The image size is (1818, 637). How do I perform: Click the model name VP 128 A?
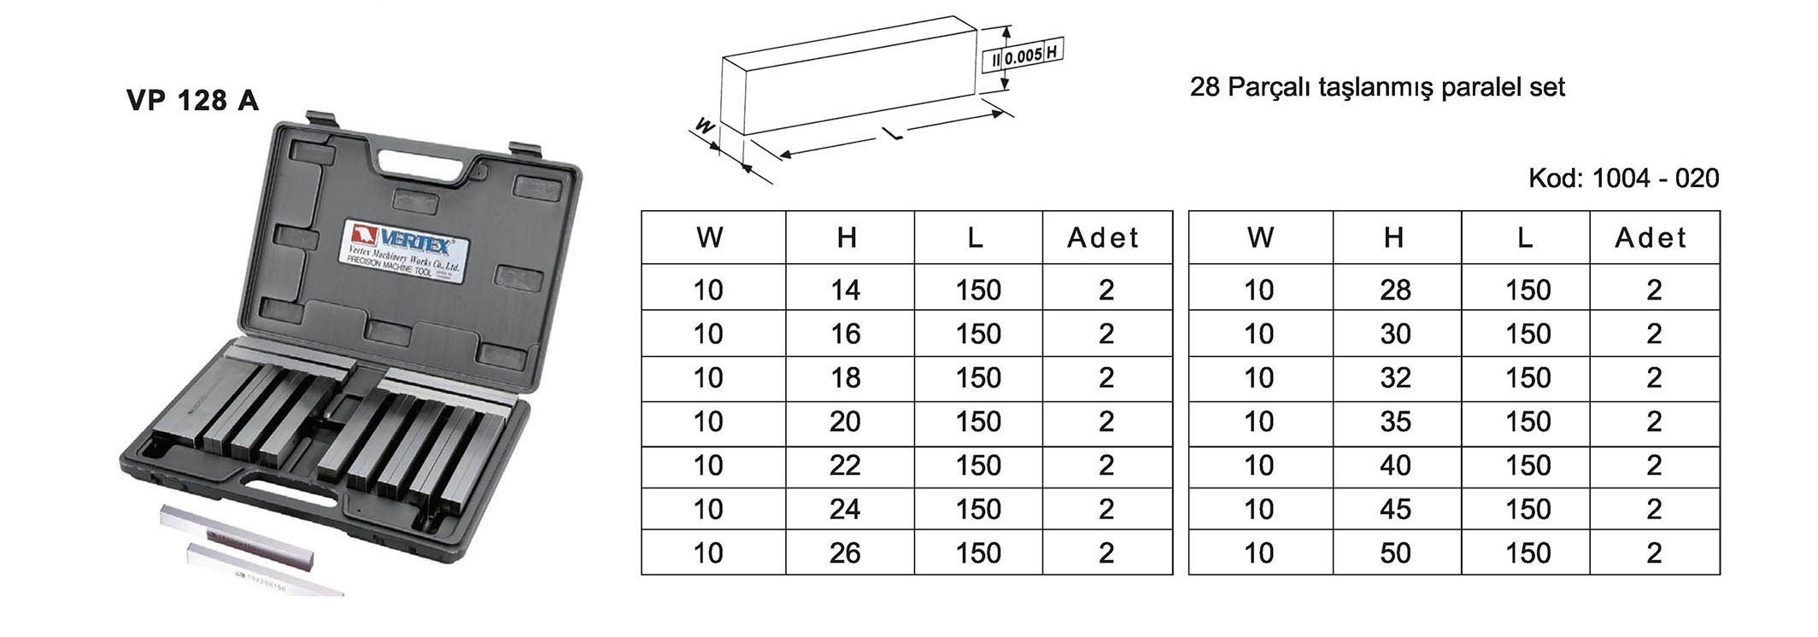coord(192,101)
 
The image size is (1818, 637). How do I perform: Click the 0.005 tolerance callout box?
coord(1023,56)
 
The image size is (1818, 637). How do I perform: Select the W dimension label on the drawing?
coord(706,127)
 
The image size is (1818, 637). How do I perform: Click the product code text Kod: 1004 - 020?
coord(1623,178)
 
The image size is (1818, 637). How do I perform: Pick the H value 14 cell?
coord(846,290)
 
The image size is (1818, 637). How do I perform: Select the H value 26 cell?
coord(846,553)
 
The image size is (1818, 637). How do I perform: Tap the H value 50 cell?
coord(1395,553)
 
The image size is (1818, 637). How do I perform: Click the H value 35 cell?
coord(1395,422)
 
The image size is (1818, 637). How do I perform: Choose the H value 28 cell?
coord(1395,290)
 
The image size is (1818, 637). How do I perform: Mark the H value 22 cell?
coord(846,465)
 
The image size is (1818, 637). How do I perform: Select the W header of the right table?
coord(1260,238)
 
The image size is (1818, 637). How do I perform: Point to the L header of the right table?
coord(1525,238)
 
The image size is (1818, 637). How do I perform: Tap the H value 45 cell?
coord(1395,510)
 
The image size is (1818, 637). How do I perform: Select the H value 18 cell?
coord(846,378)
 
